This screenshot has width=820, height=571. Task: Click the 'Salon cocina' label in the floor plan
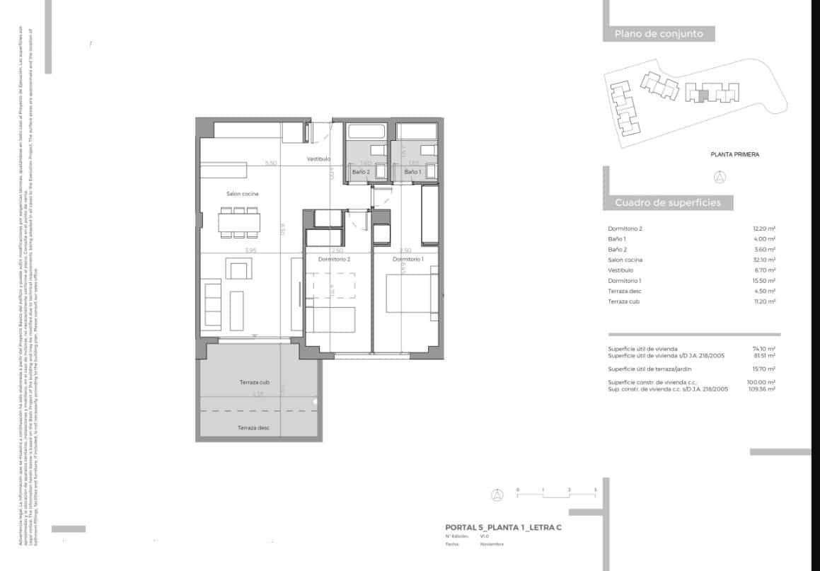point(242,194)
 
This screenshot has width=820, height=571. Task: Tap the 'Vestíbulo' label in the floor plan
point(318,159)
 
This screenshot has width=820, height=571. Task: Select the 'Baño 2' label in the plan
point(361,172)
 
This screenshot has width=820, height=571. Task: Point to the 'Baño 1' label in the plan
point(412,172)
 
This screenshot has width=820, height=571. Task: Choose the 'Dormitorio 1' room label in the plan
point(408,260)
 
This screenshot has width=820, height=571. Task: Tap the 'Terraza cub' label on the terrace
point(254,382)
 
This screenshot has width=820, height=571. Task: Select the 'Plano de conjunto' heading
point(658,33)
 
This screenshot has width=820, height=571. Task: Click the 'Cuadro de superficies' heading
point(667,203)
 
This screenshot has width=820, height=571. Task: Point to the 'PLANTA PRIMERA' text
point(734,154)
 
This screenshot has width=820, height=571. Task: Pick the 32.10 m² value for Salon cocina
point(764,260)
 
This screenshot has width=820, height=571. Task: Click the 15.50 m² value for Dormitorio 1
point(764,281)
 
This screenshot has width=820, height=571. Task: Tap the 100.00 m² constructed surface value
point(763,383)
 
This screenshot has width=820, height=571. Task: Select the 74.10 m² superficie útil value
point(765,349)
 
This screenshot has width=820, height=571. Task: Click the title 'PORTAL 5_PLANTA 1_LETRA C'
point(503,527)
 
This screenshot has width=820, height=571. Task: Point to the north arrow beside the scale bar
point(498,495)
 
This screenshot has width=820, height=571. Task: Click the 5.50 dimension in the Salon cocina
point(270,163)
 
